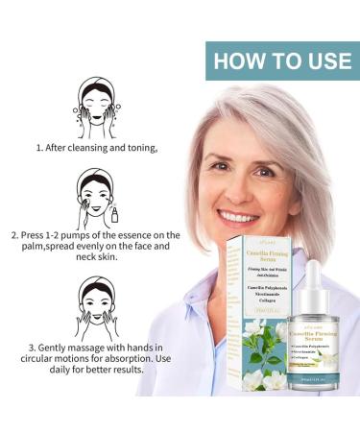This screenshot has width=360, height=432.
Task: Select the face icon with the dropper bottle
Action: pyautogui.click(x=96, y=199)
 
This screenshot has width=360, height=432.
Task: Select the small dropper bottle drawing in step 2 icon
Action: pyautogui.click(x=114, y=215)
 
